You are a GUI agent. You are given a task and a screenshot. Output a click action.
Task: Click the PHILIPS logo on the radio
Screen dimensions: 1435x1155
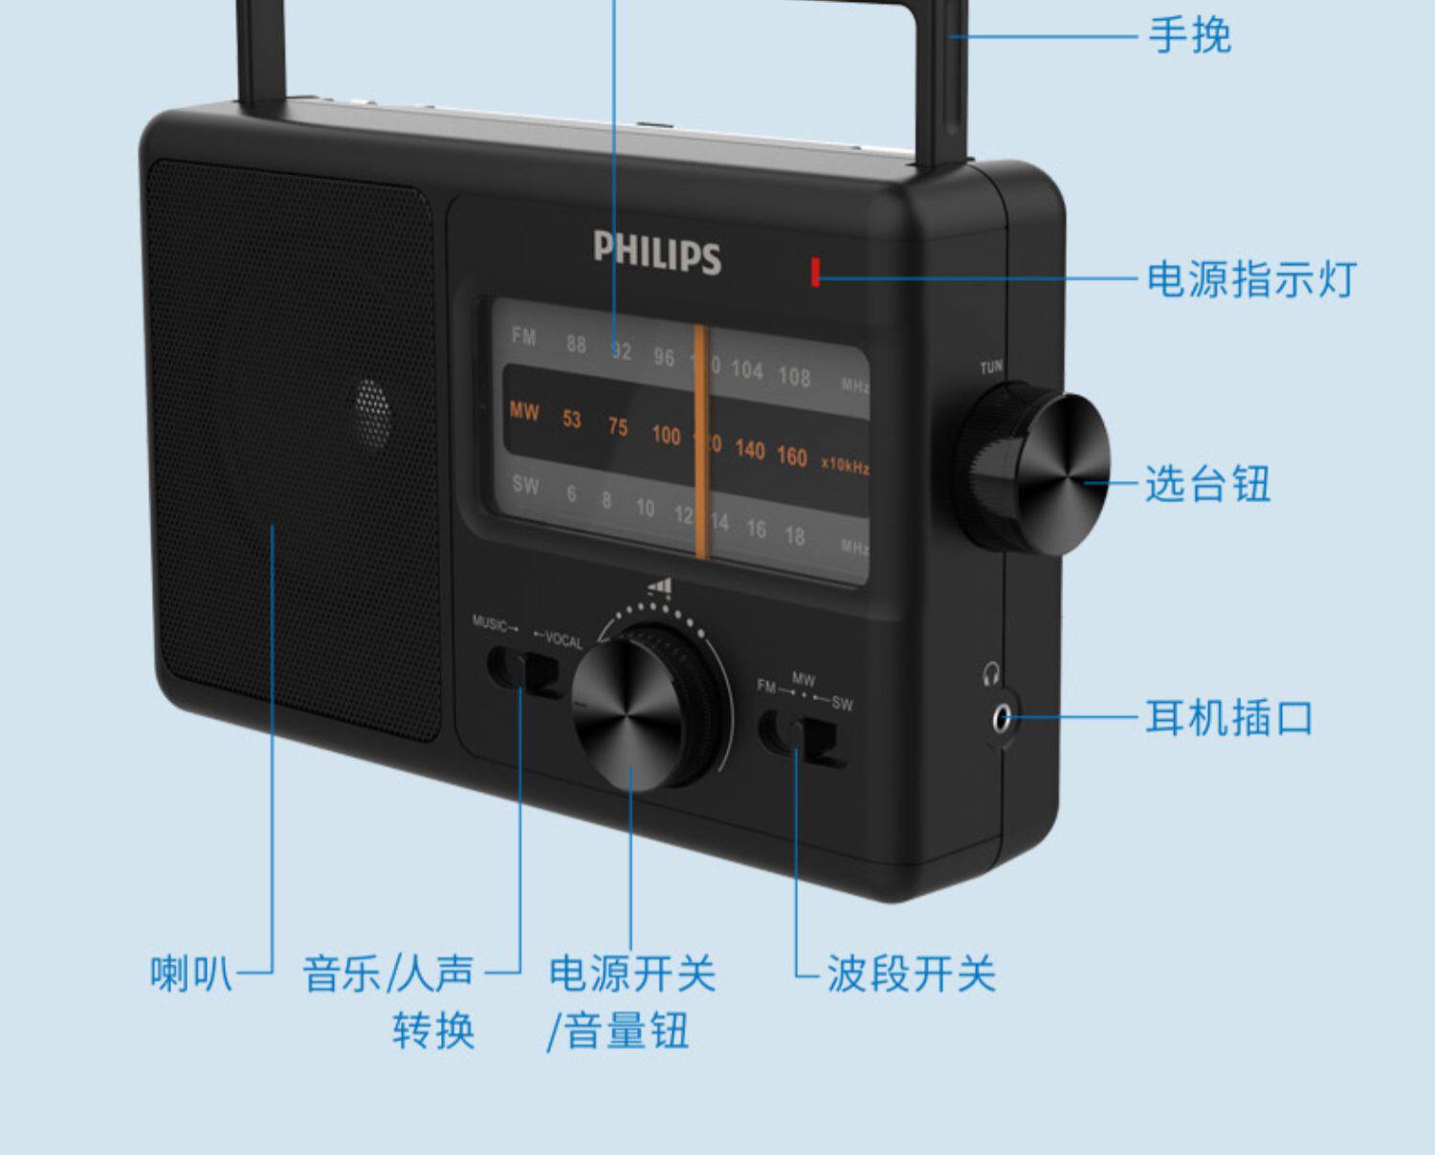tap(656, 252)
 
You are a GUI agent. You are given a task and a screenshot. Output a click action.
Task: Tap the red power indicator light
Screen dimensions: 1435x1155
tap(815, 272)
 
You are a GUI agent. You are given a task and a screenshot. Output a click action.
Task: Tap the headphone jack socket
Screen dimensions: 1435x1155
tap(1001, 717)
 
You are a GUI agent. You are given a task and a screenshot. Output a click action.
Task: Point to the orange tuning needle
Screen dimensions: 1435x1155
tap(701, 440)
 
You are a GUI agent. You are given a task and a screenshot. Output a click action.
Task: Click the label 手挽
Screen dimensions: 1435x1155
tap(1189, 36)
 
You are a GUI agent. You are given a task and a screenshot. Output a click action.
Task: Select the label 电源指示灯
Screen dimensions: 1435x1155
tap(1251, 279)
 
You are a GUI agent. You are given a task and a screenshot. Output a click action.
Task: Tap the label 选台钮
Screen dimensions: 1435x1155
tap(1207, 484)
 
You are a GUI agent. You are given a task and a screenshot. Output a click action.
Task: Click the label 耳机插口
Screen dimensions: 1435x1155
tap(1229, 717)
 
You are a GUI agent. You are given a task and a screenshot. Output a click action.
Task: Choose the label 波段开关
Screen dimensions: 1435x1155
tap(911, 973)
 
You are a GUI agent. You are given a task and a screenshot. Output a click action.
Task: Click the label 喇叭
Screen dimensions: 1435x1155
tap(191, 973)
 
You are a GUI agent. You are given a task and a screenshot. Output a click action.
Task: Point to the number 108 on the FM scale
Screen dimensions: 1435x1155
tap(794, 377)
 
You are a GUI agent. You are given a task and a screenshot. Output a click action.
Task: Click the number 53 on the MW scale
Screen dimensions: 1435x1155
tap(571, 419)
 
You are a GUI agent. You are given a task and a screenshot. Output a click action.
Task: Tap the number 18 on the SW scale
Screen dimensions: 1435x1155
tap(794, 535)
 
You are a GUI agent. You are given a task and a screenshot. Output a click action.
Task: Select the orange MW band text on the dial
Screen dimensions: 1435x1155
tap(524, 412)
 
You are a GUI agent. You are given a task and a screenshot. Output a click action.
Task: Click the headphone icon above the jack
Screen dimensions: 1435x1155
tap(991, 675)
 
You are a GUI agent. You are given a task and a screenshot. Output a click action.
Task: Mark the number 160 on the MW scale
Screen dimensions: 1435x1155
tap(791, 456)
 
